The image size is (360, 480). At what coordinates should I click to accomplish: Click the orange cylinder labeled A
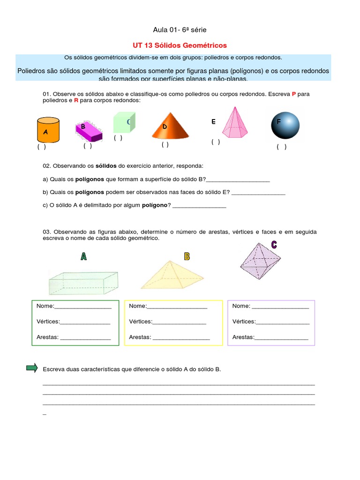point(48,129)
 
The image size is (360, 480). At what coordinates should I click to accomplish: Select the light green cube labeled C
point(124,122)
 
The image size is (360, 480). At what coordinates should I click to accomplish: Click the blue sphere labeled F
point(285,125)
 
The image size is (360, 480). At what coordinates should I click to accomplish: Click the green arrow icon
point(32,368)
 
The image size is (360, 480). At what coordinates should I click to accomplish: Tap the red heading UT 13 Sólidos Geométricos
point(180,45)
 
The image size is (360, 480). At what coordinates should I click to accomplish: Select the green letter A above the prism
point(83,256)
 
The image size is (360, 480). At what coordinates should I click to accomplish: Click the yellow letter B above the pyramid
point(187,256)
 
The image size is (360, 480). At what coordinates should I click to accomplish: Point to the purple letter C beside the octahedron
point(274,244)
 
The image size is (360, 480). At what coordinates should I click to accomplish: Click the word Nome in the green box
point(45,306)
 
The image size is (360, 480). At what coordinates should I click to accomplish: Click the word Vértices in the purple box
point(244,322)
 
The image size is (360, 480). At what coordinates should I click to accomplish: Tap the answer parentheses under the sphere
point(281,147)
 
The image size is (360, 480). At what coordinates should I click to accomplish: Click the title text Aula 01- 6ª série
point(180,30)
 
